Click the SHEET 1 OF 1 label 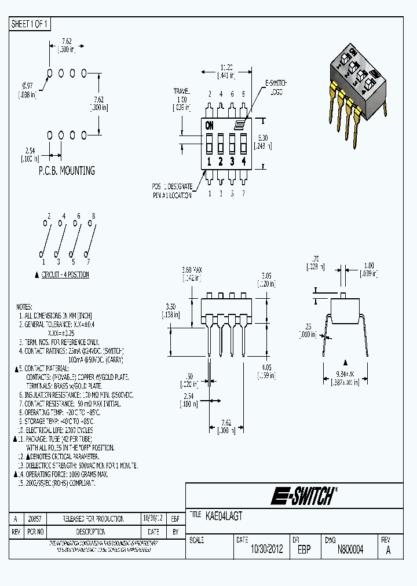pyautogui.click(x=30, y=24)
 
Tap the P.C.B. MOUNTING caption pyautogui.click(x=67, y=171)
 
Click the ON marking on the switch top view pyautogui.click(x=209, y=124)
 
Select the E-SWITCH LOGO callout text pyautogui.click(x=276, y=87)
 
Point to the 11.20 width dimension pyautogui.click(x=226, y=67)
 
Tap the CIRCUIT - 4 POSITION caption pyautogui.click(x=65, y=274)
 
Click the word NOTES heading pyautogui.click(x=24, y=307)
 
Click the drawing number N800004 pyautogui.click(x=350, y=550)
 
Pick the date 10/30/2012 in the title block pyautogui.click(x=266, y=550)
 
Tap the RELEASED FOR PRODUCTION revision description pyautogui.click(x=93, y=519)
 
